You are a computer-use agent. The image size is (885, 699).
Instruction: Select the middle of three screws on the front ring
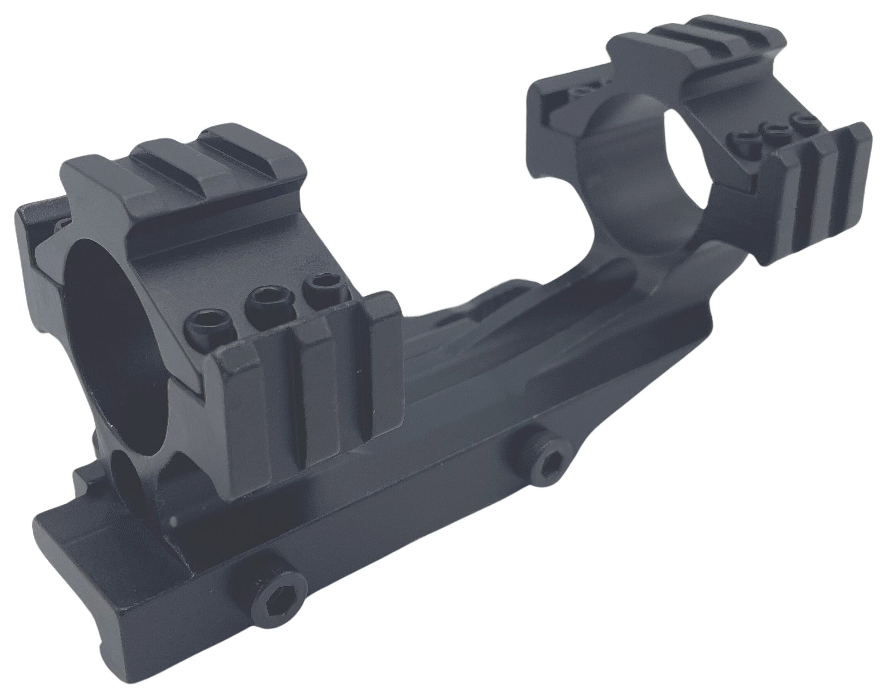(x=265, y=302)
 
